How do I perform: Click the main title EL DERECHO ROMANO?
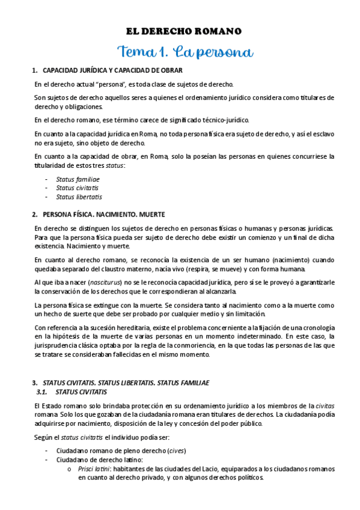point(183,31)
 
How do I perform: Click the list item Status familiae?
point(78,179)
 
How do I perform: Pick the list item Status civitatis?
point(77,188)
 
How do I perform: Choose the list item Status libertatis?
point(79,197)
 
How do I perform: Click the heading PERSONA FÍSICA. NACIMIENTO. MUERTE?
point(103,214)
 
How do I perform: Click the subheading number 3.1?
point(43,392)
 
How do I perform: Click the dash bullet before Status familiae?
point(46,179)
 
